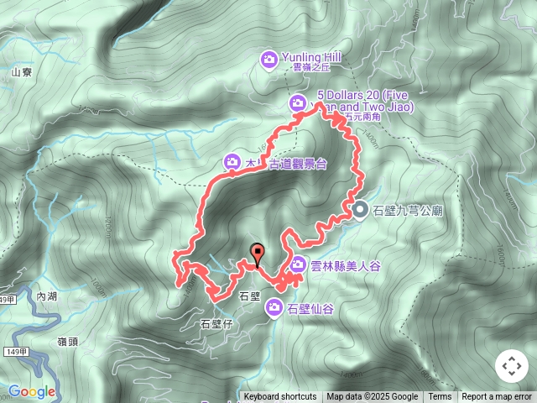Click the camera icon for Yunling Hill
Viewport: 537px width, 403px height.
click(x=268, y=59)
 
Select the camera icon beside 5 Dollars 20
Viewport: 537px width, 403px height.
click(x=296, y=103)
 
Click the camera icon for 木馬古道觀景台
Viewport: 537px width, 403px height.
click(x=232, y=161)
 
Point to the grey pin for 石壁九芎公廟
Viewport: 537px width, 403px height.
click(x=360, y=210)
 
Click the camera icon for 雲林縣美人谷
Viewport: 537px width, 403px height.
click(x=297, y=265)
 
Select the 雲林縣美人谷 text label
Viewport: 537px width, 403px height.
click(x=346, y=266)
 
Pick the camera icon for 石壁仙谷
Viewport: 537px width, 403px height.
click(x=274, y=309)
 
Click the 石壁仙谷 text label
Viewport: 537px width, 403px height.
click(x=310, y=309)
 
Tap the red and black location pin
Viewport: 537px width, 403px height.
click(x=257, y=252)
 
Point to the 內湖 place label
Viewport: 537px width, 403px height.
click(x=47, y=296)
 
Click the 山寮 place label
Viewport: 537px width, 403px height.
click(x=21, y=73)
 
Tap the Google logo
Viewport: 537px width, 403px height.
click(x=31, y=391)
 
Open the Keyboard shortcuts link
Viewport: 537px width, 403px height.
click(x=279, y=397)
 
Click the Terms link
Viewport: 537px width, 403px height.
click(x=440, y=397)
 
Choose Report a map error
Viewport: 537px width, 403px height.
click(x=497, y=397)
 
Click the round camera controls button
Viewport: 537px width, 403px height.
click(x=511, y=367)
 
